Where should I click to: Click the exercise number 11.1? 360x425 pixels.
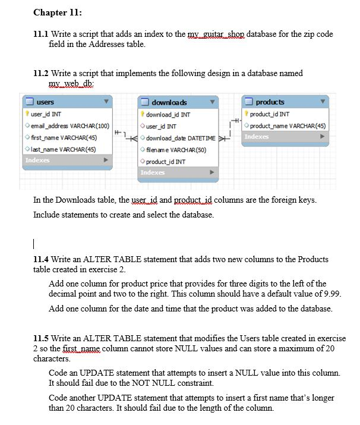40,34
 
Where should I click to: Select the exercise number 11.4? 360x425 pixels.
41,259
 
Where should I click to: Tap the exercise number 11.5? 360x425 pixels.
41,339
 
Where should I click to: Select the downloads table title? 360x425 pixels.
169,102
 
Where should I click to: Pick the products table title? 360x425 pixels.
270,102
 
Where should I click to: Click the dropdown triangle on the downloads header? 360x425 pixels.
212,102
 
